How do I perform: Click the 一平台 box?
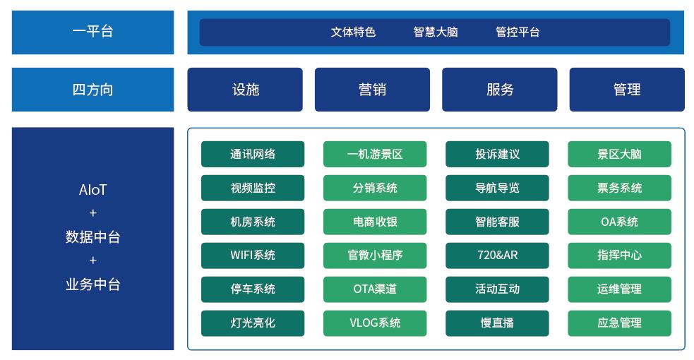tap(92, 32)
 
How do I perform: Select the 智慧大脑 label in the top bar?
tap(435, 32)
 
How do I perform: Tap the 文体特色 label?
tap(353, 32)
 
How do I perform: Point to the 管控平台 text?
tap(517, 32)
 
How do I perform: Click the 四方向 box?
tap(92, 90)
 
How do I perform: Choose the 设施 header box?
tap(245, 90)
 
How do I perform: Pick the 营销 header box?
tap(372, 90)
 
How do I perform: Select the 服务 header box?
tap(500, 90)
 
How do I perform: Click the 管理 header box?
tap(627, 90)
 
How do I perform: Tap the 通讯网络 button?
tap(253, 154)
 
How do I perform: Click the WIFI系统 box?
tap(253, 255)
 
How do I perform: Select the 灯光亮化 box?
tap(253, 323)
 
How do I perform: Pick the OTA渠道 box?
tap(375, 289)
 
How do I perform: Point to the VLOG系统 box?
tap(375, 323)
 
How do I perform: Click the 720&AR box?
tap(497, 255)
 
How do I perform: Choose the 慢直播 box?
tap(497, 323)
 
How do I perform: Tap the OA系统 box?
tap(619, 222)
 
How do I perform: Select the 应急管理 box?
tap(619, 323)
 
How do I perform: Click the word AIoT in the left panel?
tap(92, 190)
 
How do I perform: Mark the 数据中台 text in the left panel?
tap(92, 237)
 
